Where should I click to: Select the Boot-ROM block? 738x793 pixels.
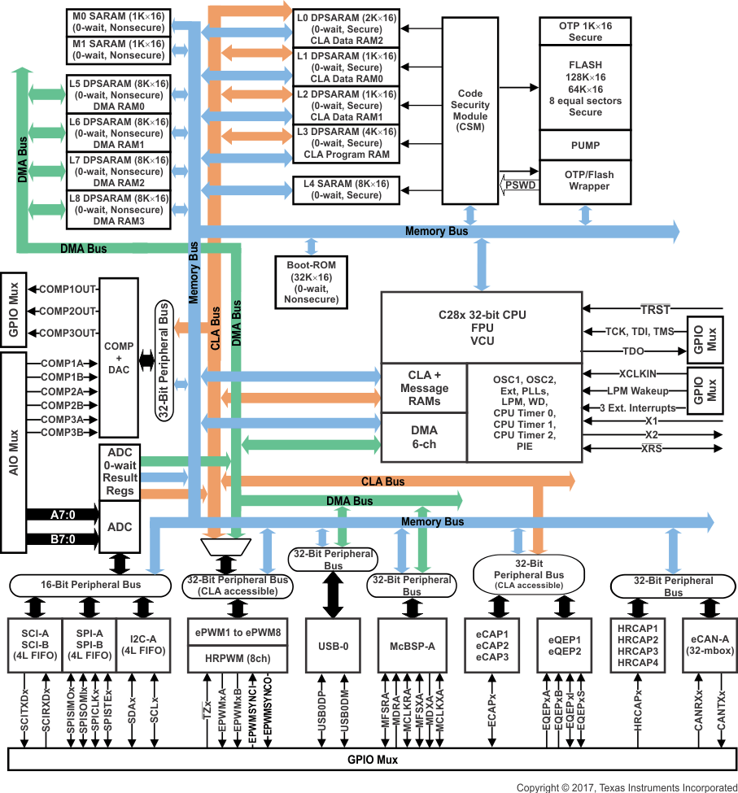[x=310, y=282]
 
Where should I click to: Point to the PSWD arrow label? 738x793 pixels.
[x=520, y=185]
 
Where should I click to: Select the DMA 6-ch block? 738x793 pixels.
[x=424, y=437]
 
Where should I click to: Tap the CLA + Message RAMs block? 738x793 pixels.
[x=424, y=387]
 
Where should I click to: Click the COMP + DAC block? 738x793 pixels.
[x=119, y=358]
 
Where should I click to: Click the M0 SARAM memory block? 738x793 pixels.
[x=119, y=23]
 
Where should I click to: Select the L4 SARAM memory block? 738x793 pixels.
[x=346, y=190]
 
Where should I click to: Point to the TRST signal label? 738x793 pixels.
[x=655, y=309]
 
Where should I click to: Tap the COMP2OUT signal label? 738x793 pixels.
[x=68, y=311]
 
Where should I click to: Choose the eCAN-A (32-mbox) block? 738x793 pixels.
[x=710, y=646]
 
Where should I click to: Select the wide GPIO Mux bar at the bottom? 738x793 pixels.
[x=370, y=760]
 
